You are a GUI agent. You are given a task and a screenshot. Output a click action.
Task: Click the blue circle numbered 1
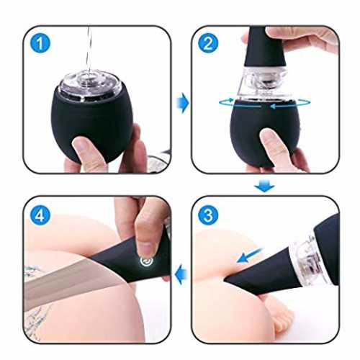(40, 43)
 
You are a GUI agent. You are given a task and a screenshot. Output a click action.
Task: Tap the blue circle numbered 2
(208, 43)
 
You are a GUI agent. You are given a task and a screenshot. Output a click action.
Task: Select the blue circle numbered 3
(208, 215)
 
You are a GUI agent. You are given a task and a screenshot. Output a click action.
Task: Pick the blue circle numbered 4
(40, 215)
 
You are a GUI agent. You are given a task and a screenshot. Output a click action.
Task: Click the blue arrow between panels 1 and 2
(183, 103)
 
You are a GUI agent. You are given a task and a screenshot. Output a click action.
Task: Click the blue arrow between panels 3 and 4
(181, 274)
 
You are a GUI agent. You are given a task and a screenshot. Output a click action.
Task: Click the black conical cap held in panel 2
(264, 47)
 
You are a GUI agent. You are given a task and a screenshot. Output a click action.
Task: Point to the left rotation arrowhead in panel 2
(231, 99)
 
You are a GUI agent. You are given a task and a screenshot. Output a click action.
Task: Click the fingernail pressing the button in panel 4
(145, 249)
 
